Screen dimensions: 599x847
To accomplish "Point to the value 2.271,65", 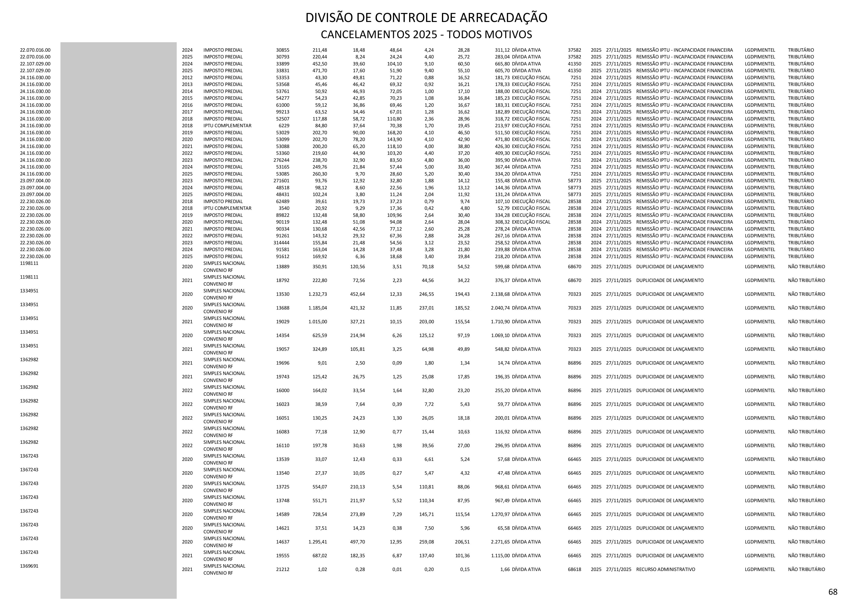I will point(500,542).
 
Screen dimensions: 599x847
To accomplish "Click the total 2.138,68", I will point(500,294).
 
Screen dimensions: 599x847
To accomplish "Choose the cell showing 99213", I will point(283,112).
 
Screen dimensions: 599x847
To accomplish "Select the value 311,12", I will point(502,50).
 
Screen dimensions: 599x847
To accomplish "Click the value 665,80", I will point(502,64).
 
